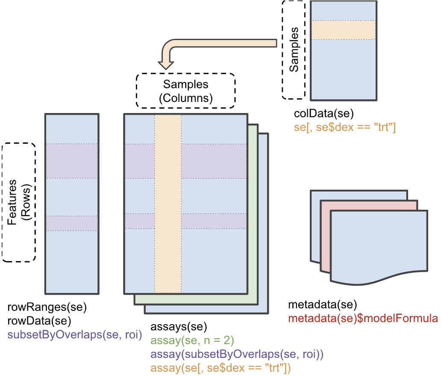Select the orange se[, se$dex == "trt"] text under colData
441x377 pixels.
point(345,127)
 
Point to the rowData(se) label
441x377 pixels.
point(39,320)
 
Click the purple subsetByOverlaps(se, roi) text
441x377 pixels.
point(74,334)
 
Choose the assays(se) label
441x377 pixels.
point(179,328)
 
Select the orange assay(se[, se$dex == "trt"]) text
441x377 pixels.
point(220,368)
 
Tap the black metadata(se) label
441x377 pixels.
point(322,305)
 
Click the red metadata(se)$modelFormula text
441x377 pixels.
point(363,318)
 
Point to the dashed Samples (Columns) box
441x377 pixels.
point(185,91)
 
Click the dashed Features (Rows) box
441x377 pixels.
point(19,202)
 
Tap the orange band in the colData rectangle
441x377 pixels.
point(344,30)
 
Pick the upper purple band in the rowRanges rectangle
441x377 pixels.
point(72,161)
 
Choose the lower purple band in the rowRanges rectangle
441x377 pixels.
point(72,223)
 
